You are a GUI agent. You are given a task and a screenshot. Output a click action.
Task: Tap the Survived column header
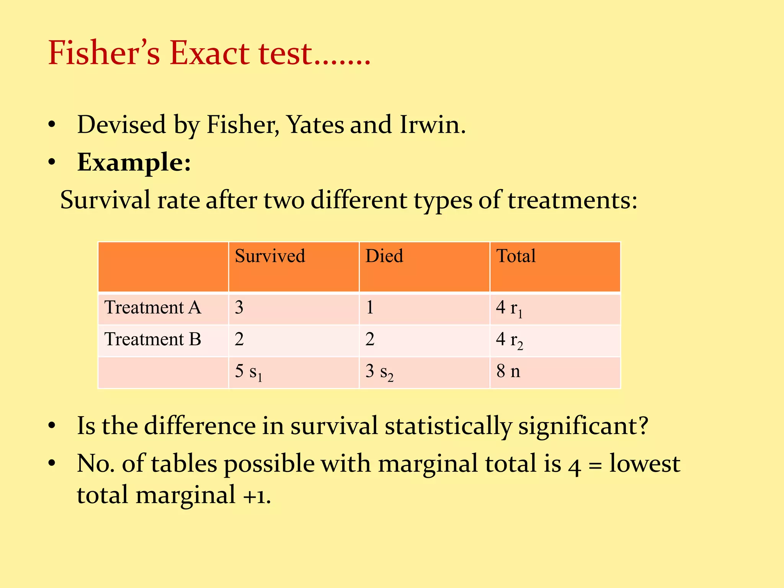point(270,256)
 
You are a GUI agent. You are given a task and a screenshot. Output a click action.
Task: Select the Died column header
point(384,256)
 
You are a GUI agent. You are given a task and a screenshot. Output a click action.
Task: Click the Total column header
point(516,256)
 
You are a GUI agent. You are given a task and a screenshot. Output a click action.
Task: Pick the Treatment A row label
point(153,307)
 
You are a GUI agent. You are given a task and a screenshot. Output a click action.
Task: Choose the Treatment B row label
point(153,339)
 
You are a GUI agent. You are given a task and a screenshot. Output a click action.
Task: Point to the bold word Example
point(134,162)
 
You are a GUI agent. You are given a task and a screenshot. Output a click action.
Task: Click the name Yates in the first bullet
point(315,125)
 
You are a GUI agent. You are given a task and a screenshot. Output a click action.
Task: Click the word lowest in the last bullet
point(645,464)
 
